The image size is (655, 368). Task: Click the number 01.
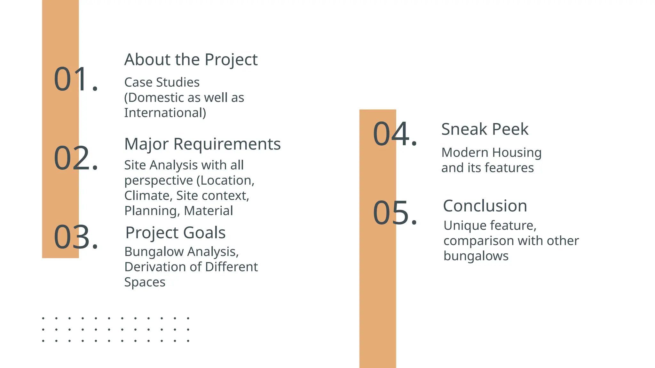75,79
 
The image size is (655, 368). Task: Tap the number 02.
75,158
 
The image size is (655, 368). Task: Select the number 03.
75,237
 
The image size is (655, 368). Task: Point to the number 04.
395,134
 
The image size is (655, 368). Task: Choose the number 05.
395,213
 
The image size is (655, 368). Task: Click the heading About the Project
191,60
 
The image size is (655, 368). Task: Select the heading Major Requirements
202,144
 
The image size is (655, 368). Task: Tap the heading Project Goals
175,233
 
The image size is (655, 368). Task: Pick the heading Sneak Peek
485,129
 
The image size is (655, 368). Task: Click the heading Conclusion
485,206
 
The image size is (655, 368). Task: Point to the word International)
165,113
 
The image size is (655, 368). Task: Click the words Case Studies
162,82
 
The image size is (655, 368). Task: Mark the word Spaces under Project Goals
145,282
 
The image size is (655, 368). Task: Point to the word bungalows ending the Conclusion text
476,256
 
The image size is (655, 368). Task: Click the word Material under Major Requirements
209,211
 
